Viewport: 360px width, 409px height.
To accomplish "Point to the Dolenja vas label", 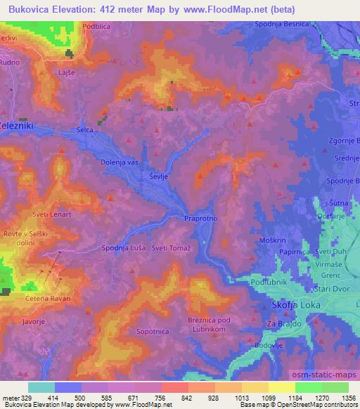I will point(119,162).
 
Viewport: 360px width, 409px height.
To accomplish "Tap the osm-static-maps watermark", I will point(321,375).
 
